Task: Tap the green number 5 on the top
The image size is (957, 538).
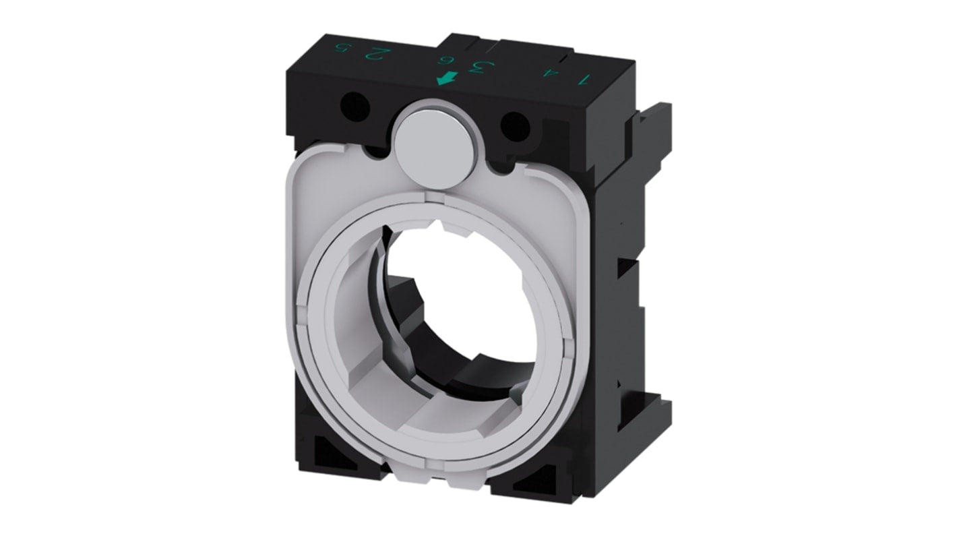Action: [x=343, y=50]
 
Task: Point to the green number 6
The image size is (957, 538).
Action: [x=446, y=61]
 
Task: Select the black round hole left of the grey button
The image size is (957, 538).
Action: [x=354, y=106]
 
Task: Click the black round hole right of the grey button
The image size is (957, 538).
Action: [x=516, y=125]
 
